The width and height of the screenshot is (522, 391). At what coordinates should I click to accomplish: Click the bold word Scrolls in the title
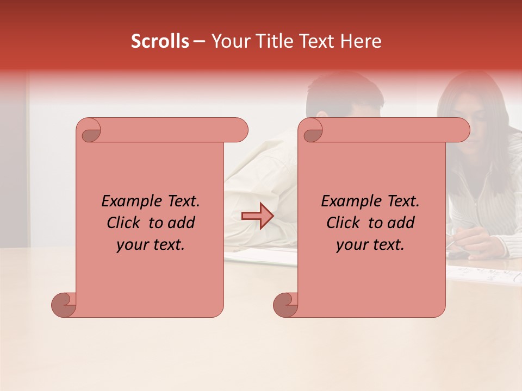[160, 41]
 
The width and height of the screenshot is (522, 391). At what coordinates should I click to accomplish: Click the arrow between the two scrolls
[257, 216]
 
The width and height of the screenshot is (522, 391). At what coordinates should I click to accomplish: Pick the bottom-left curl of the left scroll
[64, 305]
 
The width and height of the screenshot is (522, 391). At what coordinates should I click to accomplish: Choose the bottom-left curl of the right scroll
[285, 305]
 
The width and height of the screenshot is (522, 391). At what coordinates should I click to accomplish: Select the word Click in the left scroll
[125, 223]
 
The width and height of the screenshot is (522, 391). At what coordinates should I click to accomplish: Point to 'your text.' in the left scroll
[151, 244]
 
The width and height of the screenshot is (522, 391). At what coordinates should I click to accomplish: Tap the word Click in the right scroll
[345, 223]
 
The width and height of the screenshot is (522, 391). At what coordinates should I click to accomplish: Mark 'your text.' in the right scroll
[370, 244]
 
